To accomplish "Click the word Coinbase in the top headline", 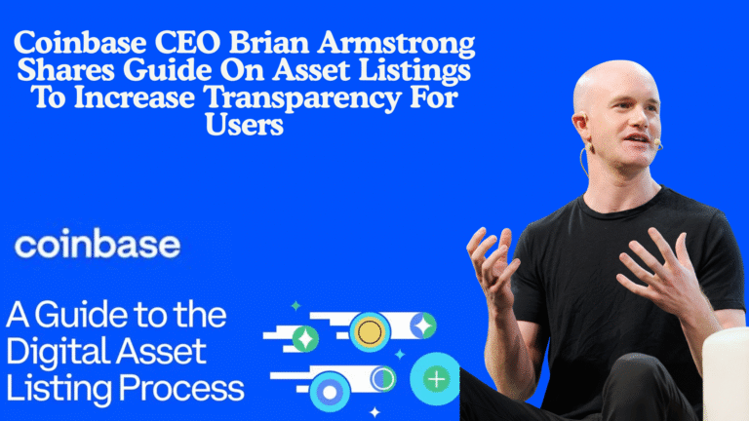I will pyautogui.click(x=81, y=45).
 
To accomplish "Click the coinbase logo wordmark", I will pyautogui.click(x=97, y=246).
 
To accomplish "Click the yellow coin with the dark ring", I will pyautogui.click(x=370, y=332).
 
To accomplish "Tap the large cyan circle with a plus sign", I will pyautogui.click(x=435, y=378).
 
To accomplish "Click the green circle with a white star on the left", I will pyautogui.click(x=305, y=338).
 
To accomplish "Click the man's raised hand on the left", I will pyautogui.click(x=489, y=262).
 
